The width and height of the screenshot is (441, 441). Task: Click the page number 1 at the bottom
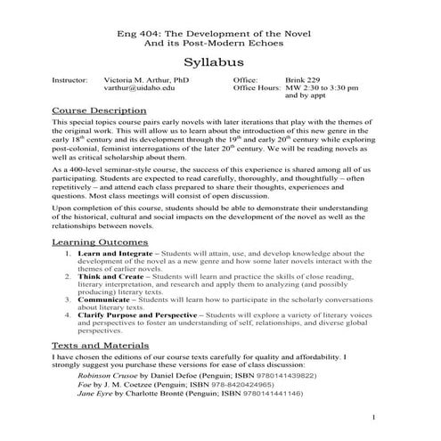tap(375, 417)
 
